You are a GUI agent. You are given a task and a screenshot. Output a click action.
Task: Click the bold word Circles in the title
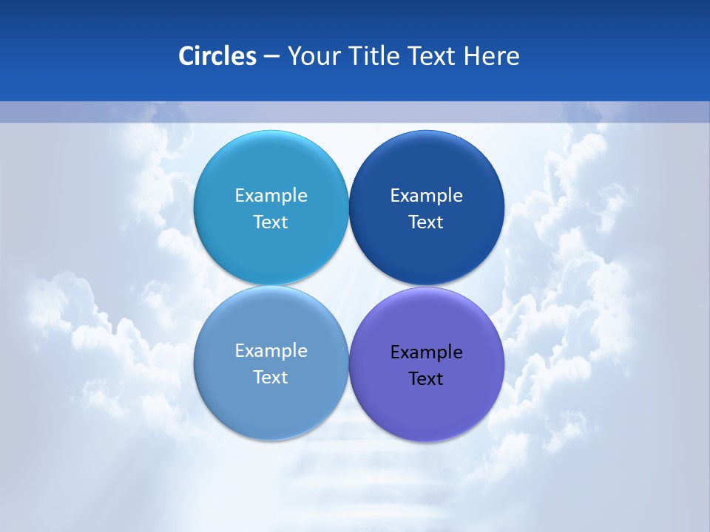217,56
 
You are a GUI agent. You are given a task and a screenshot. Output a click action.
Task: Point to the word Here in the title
492,56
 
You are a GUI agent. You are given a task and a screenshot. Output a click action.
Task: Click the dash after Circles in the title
271,57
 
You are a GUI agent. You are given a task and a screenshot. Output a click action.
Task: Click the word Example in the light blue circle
271,196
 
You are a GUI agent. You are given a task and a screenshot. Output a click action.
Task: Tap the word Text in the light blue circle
271,222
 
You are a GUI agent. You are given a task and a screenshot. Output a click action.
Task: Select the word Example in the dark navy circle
426,196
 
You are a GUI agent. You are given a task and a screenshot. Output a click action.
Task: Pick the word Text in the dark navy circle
426,222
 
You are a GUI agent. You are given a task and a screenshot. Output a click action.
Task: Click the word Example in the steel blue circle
271,351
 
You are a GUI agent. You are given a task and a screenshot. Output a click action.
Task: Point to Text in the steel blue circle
271,378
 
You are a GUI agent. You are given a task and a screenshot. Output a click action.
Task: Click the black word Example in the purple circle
426,352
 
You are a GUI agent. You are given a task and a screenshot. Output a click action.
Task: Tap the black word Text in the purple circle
426,379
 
